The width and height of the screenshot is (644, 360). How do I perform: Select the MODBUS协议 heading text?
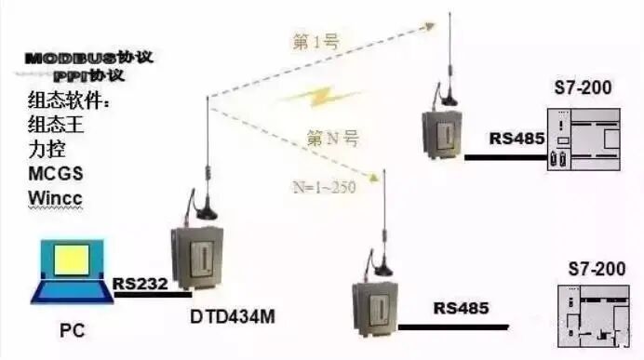pos(89,58)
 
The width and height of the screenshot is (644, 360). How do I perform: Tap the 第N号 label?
pos(334,139)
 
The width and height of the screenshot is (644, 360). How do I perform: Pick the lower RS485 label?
pos(461,307)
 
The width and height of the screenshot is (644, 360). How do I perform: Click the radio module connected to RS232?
pos(196,260)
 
